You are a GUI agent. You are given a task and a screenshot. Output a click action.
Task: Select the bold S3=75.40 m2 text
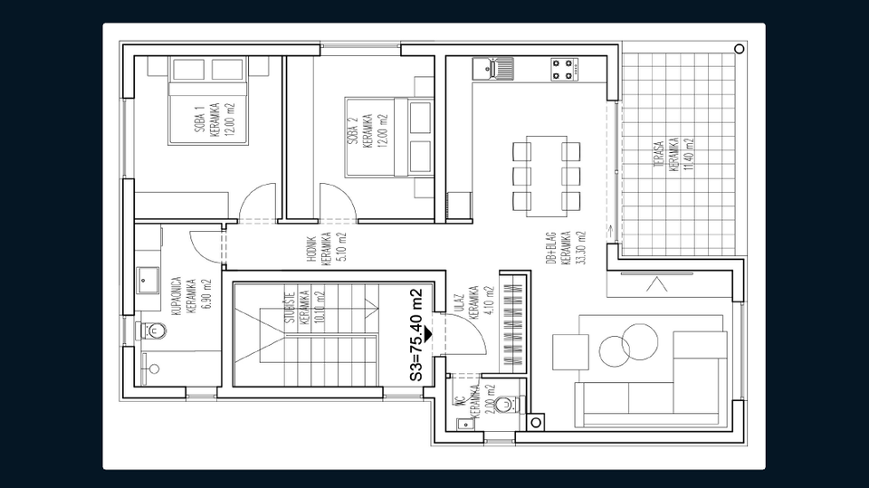(x=415, y=333)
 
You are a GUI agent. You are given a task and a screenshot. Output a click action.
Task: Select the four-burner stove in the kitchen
(x=564, y=68)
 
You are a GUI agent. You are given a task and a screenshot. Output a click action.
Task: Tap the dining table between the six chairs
(x=546, y=174)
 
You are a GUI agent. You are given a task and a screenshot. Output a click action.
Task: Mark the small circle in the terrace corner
(x=739, y=48)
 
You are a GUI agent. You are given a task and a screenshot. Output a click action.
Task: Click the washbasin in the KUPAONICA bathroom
(x=148, y=281)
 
